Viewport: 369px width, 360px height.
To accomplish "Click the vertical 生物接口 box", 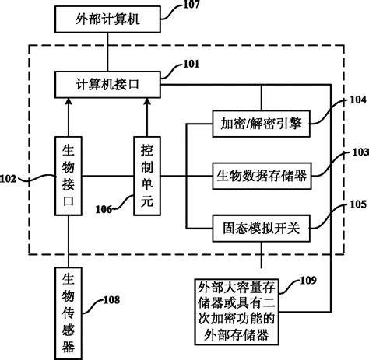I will coord(69,182).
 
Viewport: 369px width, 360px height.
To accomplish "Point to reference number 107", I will coord(192,5).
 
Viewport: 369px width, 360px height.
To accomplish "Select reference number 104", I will coord(357,100).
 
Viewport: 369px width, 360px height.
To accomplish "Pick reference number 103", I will coord(358,153).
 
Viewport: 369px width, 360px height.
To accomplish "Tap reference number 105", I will coord(358,205).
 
